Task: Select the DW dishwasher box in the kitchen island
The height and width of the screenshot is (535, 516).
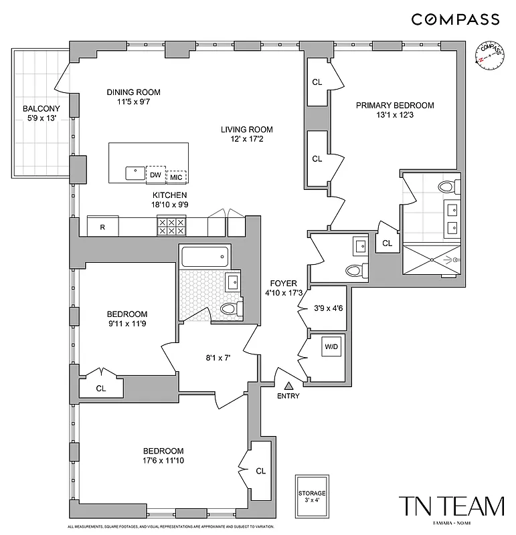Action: coord(156,174)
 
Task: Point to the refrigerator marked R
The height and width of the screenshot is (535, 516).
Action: coord(102,227)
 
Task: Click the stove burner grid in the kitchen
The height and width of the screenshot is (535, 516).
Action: coord(171,226)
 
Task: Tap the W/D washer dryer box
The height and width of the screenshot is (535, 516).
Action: coord(331,348)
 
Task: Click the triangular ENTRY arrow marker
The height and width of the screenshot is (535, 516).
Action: coord(289,385)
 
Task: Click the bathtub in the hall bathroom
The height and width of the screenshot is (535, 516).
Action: coord(205,257)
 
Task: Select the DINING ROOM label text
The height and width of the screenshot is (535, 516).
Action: coord(134,92)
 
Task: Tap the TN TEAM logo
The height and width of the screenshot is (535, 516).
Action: coord(451,507)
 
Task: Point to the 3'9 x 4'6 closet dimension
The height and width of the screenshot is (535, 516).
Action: coord(328,309)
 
